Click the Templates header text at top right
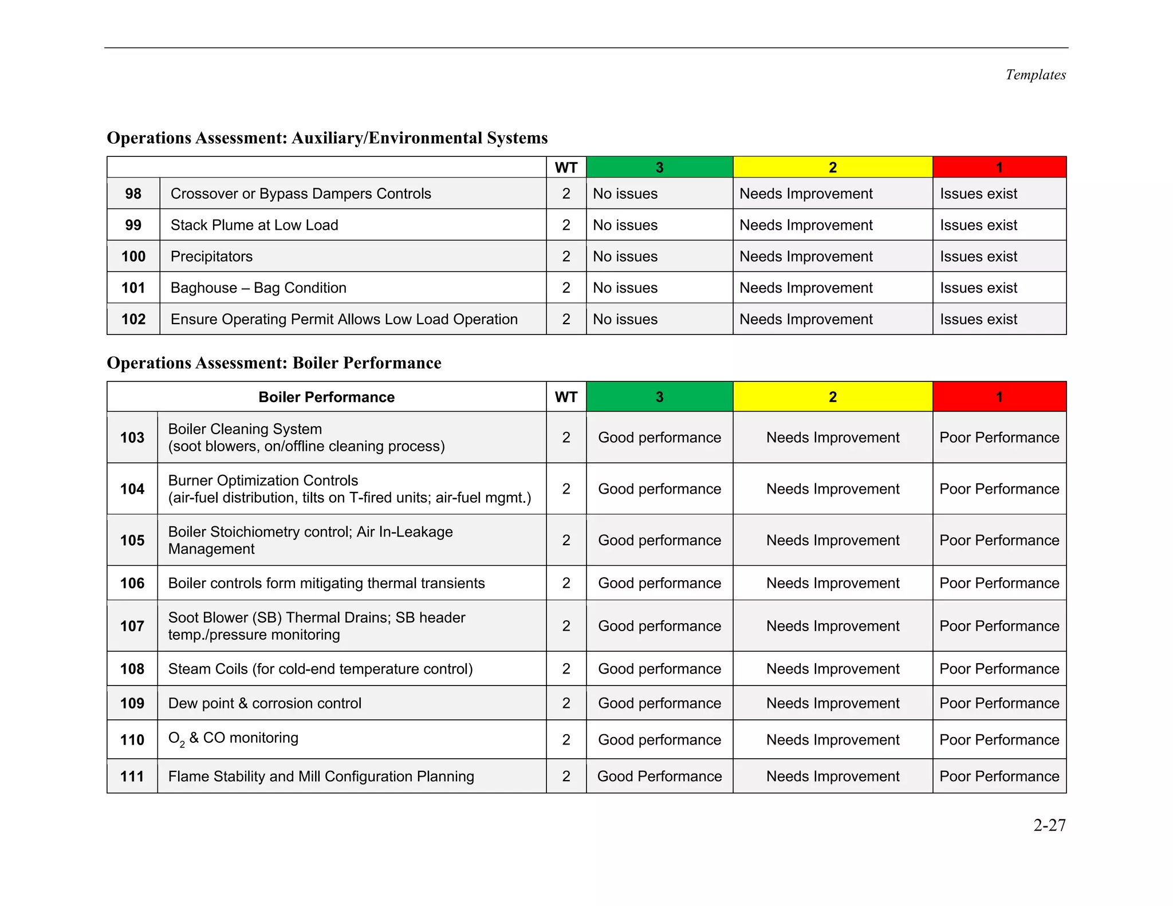pos(1035,75)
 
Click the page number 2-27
pos(1049,825)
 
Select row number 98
pos(133,194)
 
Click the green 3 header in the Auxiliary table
pos(659,167)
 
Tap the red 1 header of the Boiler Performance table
pos(999,397)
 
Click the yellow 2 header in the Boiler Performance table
pos(832,397)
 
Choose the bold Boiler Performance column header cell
pos(326,397)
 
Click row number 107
pos(132,626)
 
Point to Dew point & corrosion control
pos(265,703)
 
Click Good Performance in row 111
pos(659,777)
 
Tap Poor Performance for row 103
pos(999,438)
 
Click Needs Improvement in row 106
pos(832,583)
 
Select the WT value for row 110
pos(566,740)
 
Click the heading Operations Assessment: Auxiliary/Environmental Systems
pos(327,138)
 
